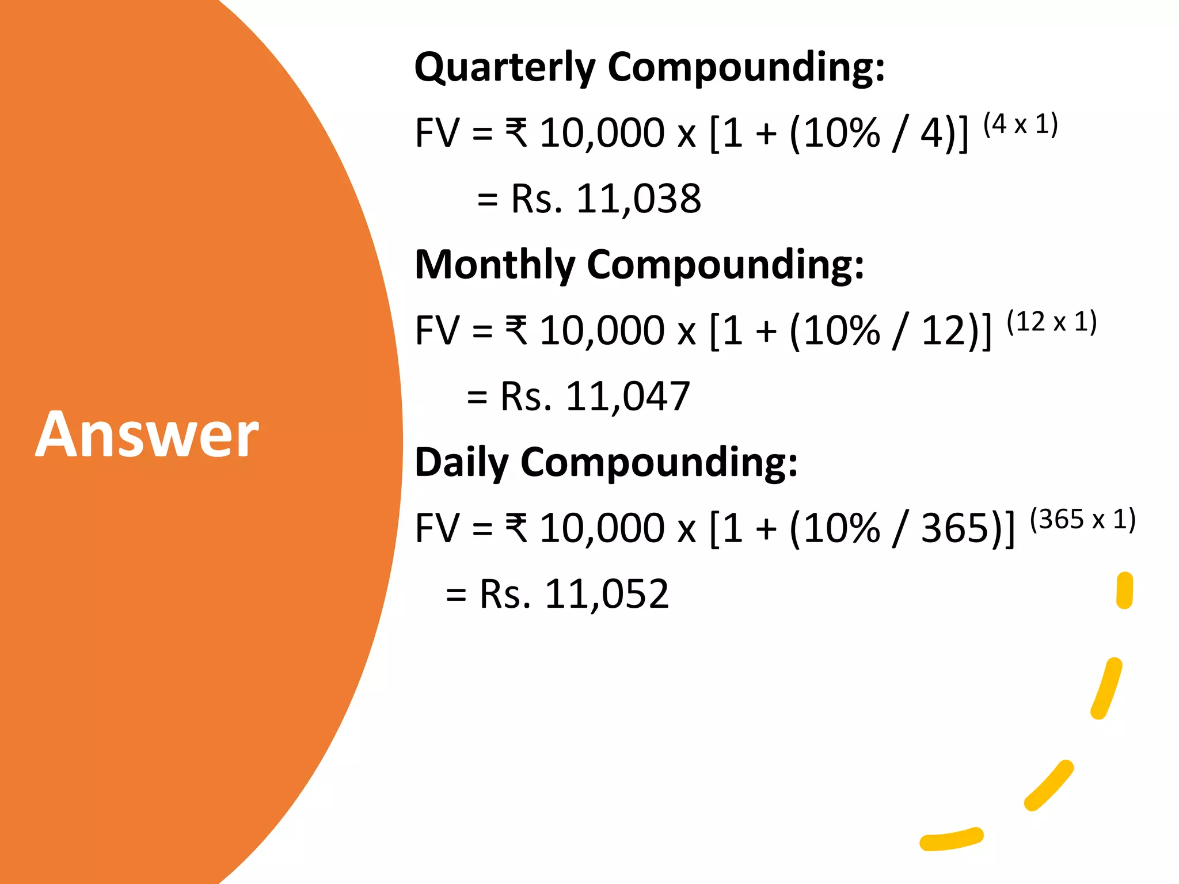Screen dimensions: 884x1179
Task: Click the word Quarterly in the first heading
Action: tap(505, 68)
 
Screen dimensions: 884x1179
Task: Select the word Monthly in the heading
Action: tap(495, 265)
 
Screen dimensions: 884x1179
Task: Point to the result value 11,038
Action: tap(638, 199)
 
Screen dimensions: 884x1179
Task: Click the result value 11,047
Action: tap(628, 397)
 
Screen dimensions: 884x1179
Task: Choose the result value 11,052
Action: tap(607, 594)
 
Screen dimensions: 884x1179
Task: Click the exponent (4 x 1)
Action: tap(1020, 124)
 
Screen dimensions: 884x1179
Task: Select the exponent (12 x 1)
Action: tap(1051, 322)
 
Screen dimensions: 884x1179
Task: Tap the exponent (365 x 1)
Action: tap(1082, 519)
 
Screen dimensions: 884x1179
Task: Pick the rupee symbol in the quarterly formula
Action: tap(516, 132)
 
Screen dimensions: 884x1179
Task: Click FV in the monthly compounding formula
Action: tap(438, 331)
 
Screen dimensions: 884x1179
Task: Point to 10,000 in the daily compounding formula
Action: tap(602, 528)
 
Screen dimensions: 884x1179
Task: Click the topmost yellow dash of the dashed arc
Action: tap(1124, 590)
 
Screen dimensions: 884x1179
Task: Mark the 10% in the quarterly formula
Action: tap(842, 134)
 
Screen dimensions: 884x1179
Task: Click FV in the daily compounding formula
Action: tap(438, 528)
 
